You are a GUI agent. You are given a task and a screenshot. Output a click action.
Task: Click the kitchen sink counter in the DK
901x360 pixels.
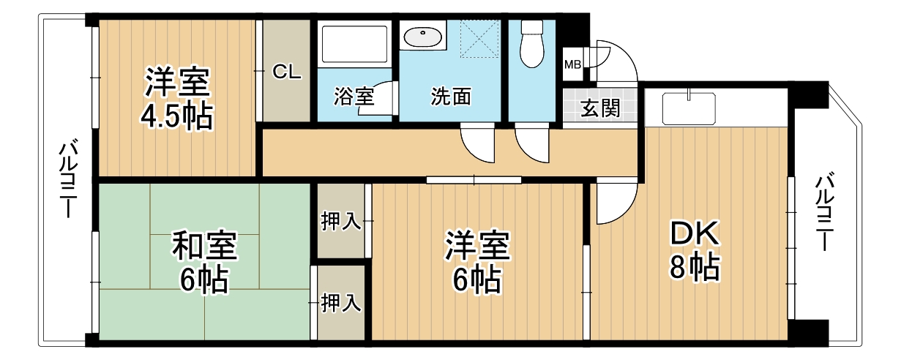(688, 109)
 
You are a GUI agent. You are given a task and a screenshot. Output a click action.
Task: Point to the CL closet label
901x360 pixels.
(286, 72)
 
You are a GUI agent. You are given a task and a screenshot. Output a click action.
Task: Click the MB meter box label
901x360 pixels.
(572, 64)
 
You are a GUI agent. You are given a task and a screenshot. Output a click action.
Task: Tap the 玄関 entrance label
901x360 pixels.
(601, 108)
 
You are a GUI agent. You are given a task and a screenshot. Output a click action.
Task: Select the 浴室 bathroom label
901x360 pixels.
(354, 97)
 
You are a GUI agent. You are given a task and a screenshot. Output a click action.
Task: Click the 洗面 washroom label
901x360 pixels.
(450, 97)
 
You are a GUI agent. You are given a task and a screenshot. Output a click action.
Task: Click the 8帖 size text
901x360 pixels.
(695, 269)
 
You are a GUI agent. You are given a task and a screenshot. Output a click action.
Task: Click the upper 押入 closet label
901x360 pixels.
(341, 222)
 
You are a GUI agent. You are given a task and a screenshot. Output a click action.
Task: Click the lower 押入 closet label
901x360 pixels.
(341, 302)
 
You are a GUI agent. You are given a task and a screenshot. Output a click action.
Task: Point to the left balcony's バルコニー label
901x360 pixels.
(66, 180)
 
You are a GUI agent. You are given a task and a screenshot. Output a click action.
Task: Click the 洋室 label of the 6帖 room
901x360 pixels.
(477, 246)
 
